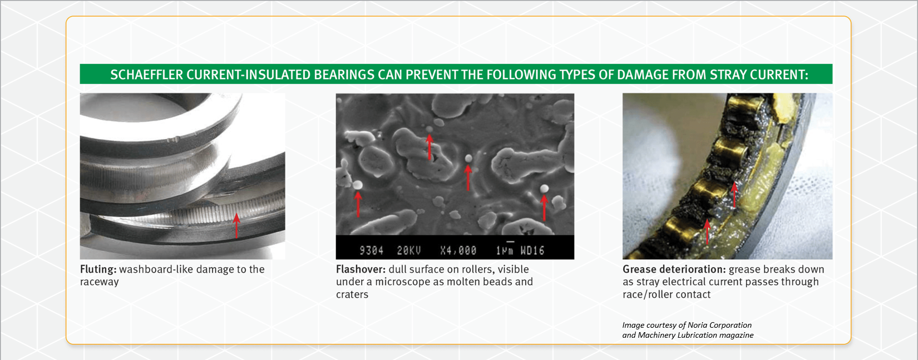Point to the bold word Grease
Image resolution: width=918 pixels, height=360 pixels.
click(640, 269)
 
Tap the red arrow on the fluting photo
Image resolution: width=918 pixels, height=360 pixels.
click(236, 225)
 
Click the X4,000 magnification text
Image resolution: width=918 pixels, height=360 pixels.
click(458, 250)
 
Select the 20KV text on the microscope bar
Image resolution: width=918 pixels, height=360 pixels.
click(408, 250)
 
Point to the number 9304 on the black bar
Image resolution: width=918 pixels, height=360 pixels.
click(371, 250)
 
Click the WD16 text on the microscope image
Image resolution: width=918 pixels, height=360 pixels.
click(532, 250)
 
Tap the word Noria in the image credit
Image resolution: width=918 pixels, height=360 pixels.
click(697, 325)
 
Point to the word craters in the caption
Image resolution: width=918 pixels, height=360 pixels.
click(352, 294)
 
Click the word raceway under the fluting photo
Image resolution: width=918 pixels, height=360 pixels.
click(99, 282)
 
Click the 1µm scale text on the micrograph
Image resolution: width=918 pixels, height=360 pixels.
click(505, 250)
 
